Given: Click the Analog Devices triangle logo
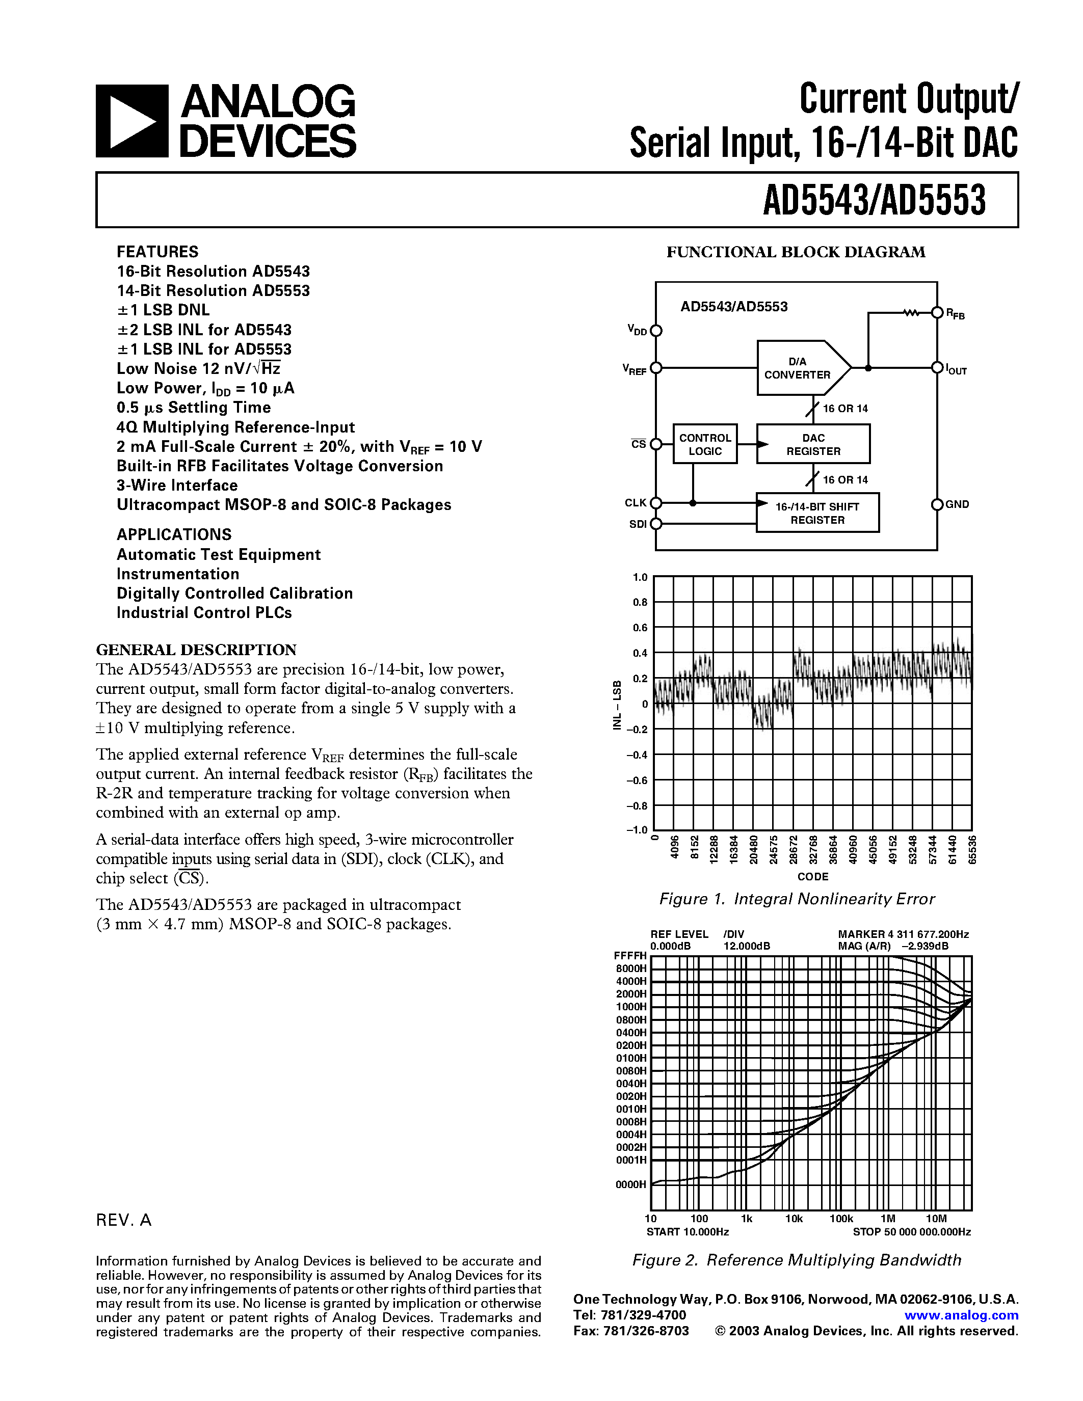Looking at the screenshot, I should click(x=132, y=121).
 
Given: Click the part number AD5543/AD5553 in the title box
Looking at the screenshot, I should click(x=874, y=200).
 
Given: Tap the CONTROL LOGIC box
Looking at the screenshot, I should click(x=705, y=444).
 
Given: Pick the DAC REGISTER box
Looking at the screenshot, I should click(x=813, y=444).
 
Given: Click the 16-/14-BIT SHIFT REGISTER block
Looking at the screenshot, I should click(x=817, y=513).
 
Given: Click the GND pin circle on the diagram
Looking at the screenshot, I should click(x=937, y=505).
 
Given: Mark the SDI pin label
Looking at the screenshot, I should click(x=638, y=524).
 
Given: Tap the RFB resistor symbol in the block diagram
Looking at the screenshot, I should click(x=911, y=313).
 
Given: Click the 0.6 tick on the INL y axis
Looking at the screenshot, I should click(x=640, y=627).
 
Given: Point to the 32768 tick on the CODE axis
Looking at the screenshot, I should click(x=813, y=850).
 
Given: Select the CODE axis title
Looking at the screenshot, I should click(x=813, y=876).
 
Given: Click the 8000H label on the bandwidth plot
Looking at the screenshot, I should click(x=631, y=968).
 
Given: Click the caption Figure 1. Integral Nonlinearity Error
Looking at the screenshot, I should click(x=797, y=899).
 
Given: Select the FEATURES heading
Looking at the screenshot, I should click(x=157, y=252).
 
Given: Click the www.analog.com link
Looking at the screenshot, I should click(x=961, y=1315).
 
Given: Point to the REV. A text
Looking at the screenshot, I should click(x=124, y=1220).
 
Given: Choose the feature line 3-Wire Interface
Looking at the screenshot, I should click(x=177, y=486).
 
